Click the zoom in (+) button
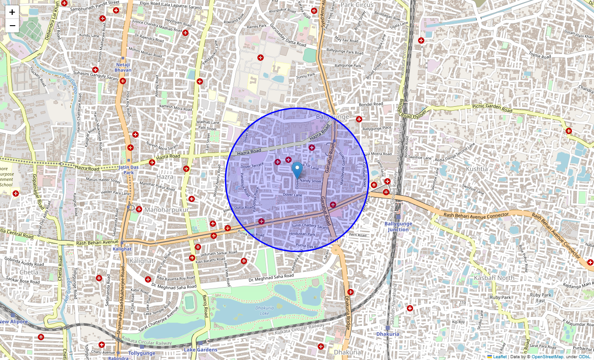tap(12, 12)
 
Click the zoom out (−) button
tap(12, 26)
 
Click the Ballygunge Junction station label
tap(398, 226)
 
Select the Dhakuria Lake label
tap(264, 310)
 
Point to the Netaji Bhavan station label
tap(123, 67)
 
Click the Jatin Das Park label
tap(129, 170)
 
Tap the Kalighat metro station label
tap(122, 249)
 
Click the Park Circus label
tap(357, 5)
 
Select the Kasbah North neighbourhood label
tap(494, 278)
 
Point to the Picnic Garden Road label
tap(492, 108)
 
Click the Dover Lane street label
tap(292, 194)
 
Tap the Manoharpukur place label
tap(166, 210)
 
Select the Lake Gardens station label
tap(200, 350)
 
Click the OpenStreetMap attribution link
tap(547, 357)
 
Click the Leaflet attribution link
tap(499, 357)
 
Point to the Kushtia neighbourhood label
tap(477, 169)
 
